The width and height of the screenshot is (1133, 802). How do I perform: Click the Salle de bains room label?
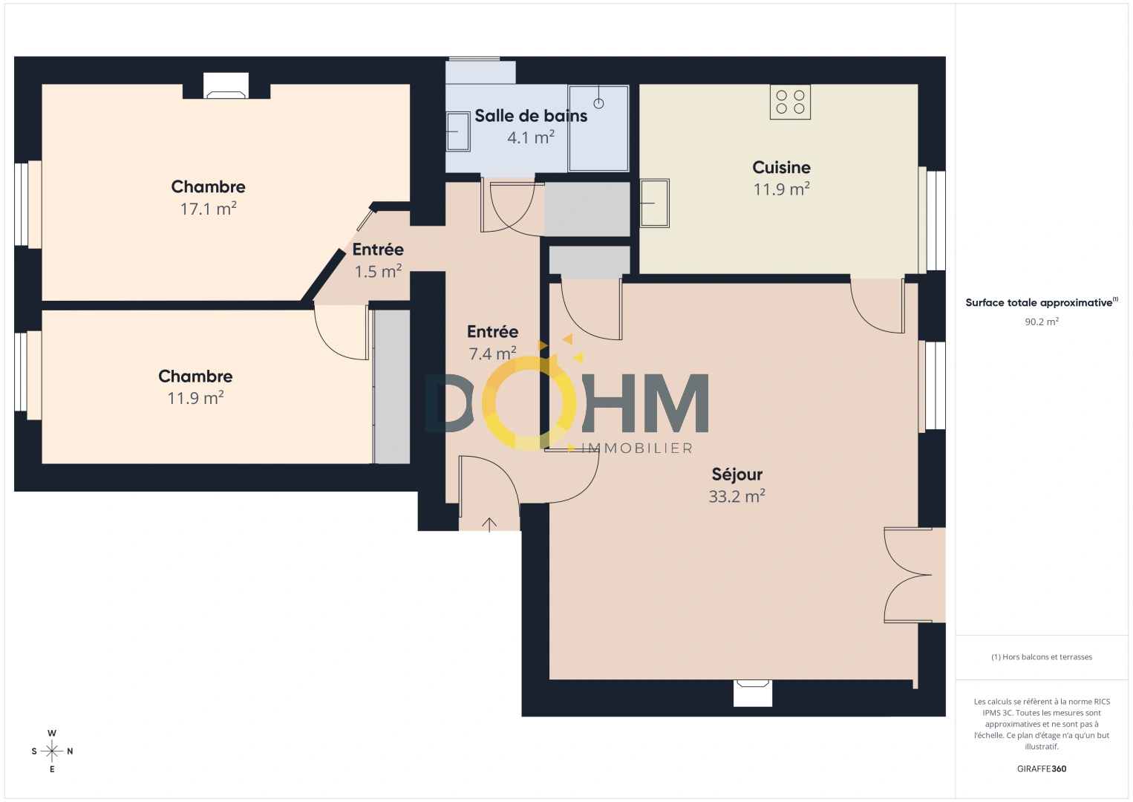click(x=531, y=116)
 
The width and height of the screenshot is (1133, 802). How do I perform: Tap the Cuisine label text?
click(x=781, y=167)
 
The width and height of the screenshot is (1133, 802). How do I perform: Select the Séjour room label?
click(x=737, y=475)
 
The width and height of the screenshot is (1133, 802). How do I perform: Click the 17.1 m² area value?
click(x=208, y=209)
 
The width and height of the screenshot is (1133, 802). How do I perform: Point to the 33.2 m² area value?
click(x=737, y=496)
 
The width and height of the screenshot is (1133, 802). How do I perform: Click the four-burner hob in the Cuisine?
click(x=790, y=102)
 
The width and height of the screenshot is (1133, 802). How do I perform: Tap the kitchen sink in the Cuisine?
click(x=654, y=202)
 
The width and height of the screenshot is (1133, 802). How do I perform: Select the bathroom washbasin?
click(x=457, y=131)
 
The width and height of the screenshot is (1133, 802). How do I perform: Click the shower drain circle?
click(x=598, y=103)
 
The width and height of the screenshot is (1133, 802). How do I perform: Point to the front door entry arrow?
click(x=489, y=524)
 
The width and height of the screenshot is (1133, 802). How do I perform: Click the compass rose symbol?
click(x=52, y=752)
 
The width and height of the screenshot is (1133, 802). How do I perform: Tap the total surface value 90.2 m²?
click(x=1041, y=322)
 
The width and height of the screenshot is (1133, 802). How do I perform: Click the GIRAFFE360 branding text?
click(x=1041, y=769)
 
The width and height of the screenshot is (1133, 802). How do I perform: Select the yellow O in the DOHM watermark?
click(x=529, y=402)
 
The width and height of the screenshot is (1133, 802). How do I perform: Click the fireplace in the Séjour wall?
click(x=753, y=692)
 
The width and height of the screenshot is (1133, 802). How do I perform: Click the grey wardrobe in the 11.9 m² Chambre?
click(x=392, y=387)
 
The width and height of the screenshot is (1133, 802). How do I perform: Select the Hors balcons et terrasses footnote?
click(x=1041, y=657)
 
